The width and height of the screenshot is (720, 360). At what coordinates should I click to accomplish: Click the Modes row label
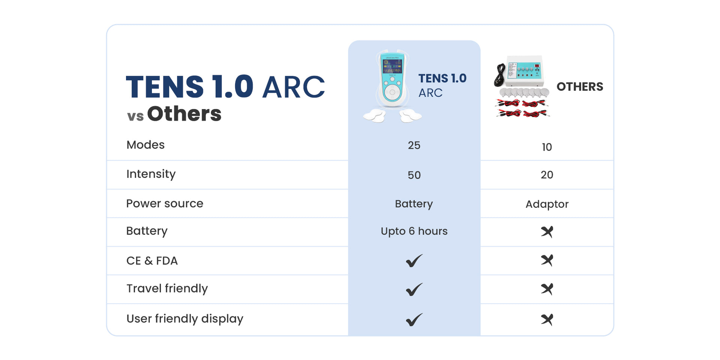point(145,145)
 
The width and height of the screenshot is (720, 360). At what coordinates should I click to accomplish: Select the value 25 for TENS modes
point(414,145)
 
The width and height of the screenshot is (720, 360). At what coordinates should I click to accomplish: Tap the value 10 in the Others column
point(547,147)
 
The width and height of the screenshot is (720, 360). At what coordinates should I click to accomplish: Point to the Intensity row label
point(151,174)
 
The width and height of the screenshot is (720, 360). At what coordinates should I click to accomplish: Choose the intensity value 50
point(414,175)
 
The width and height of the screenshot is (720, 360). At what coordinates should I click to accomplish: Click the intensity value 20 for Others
point(547,175)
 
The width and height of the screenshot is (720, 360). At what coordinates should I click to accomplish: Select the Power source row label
point(165,203)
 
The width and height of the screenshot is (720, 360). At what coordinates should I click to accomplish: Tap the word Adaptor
point(547,204)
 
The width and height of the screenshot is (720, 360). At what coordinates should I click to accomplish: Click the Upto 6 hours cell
point(414,231)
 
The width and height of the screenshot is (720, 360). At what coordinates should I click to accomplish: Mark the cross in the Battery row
point(547,232)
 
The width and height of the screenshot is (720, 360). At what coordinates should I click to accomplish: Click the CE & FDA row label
point(152,261)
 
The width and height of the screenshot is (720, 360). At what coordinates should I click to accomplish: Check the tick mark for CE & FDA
point(414,261)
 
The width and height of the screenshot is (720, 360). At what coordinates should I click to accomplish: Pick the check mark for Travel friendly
point(414,289)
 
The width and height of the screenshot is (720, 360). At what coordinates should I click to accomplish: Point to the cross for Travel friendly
point(547,289)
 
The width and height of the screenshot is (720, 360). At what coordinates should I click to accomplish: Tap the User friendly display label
point(185,319)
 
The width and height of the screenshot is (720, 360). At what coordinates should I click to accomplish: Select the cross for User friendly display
point(547,319)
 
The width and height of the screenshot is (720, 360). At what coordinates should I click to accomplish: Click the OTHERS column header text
point(580,87)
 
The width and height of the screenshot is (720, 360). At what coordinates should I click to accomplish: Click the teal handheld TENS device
point(392,81)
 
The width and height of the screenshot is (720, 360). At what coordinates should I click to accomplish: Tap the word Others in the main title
point(184,114)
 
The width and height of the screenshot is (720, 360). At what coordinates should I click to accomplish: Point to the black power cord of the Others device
point(500,75)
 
